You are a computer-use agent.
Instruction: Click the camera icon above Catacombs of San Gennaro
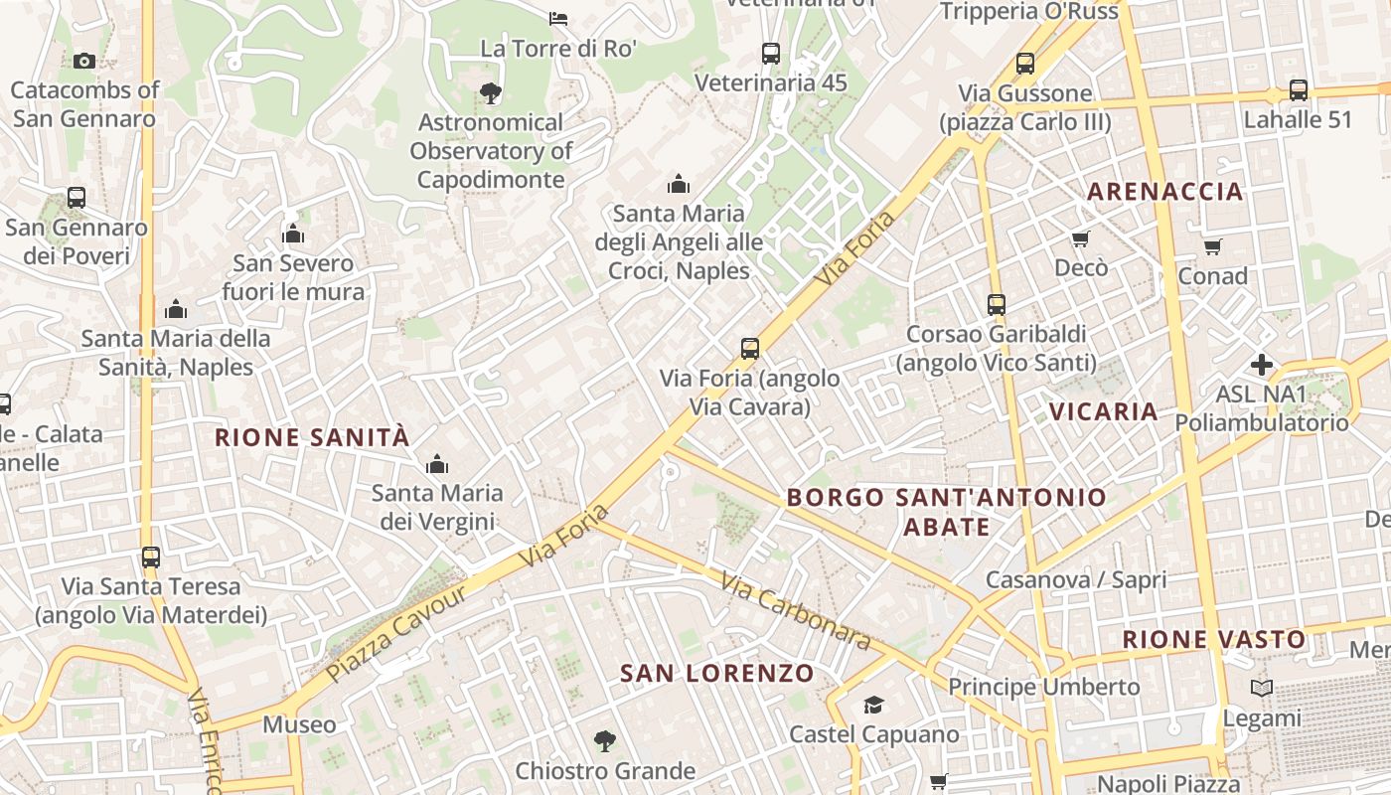(x=83, y=61)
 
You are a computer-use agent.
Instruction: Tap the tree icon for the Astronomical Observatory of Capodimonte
(x=490, y=93)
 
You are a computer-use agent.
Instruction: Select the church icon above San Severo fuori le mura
(x=293, y=235)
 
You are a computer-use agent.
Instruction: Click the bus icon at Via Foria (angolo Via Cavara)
(x=750, y=349)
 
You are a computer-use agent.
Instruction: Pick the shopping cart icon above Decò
(x=1080, y=238)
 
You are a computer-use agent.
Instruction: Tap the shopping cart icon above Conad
(x=1212, y=246)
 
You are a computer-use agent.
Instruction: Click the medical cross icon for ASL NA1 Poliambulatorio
(x=1262, y=365)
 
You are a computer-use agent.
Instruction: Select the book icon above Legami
(x=1262, y=688)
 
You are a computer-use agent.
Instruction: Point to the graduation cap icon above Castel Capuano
(x=873, y=705)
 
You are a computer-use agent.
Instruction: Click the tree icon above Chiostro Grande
(x=604, y=740)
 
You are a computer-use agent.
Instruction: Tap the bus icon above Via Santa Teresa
(x=150, y=556)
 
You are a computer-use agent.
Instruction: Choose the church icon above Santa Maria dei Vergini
(x=436, y=464)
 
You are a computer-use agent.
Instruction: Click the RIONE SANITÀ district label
(x=312, y=437)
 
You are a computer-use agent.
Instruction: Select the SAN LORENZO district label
(x=717, y=673)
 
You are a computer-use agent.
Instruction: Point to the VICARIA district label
(x=1104, y=411)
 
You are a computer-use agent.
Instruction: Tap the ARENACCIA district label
(x=1164, y=192)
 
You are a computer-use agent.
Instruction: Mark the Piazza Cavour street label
(x=395, y=633)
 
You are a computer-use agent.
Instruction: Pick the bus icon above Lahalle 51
(x=1298, y=90)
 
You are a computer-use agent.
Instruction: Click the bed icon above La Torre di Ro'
(x=558, y=18)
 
